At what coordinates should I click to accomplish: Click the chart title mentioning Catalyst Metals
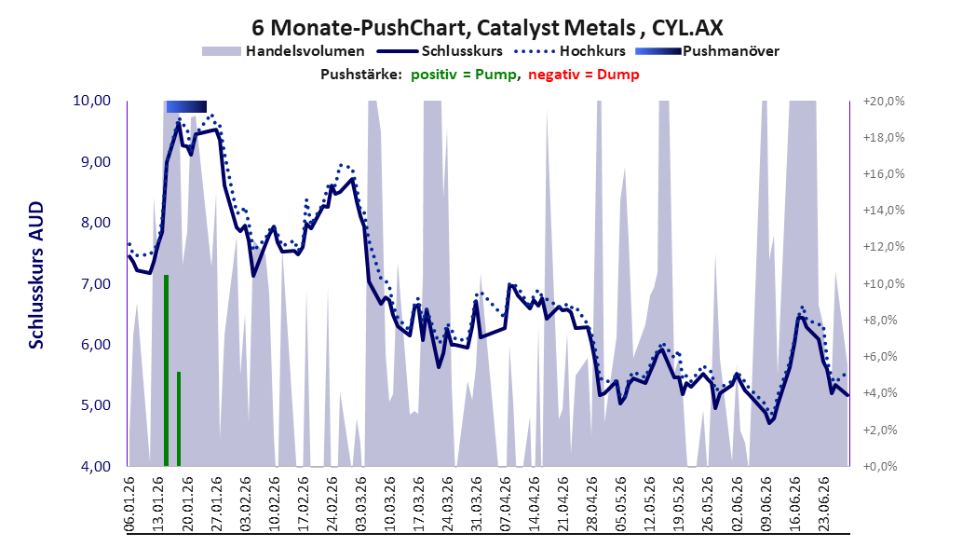click(x=487, y=27)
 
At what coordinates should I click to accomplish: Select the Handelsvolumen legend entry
click(x=283, y=51)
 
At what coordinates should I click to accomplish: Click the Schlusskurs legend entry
click(x=440, y=51)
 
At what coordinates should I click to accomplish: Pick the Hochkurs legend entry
click(x=570, y=51)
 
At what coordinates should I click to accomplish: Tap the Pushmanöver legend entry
click(x=707, y=51)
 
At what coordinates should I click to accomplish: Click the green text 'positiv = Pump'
click(x=464, y=75)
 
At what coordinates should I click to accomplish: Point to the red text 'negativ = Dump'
click(x=584, y=75)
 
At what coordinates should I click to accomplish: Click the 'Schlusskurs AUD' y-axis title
click(x=36, y=275)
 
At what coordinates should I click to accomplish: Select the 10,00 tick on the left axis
click(x=91, y=101)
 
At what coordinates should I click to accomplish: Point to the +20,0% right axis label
click(x=884, y=102)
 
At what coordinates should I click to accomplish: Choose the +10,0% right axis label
click(x=884, y=284)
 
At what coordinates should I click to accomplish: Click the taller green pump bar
click(x=166, y=370)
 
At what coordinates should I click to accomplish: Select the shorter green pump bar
click(x=179, y=418)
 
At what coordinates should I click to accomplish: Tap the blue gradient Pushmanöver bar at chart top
click(x=186, y=106)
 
